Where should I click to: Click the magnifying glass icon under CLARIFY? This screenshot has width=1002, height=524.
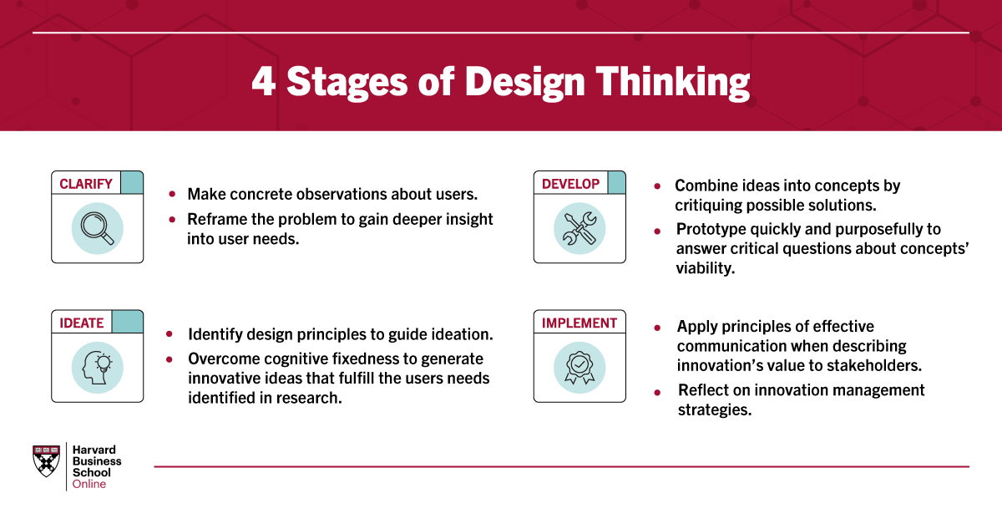[x=97, y=228]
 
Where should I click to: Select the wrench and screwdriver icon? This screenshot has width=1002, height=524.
[x=579, y=228]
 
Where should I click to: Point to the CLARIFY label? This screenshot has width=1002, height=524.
[x=86, y=184]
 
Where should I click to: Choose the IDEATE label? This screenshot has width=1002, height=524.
[x=82, y=323]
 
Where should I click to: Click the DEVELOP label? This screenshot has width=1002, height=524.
[x=570, y=184]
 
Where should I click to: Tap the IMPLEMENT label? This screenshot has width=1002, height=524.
[x=579, y=323]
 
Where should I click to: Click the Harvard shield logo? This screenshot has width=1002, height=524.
[x=46, y=460]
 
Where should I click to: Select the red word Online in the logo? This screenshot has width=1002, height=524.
[x=89, y=484]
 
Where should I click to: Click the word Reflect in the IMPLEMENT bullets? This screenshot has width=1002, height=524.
[x=701, y=390]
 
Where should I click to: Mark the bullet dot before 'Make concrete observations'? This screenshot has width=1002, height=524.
[x=172, y=194]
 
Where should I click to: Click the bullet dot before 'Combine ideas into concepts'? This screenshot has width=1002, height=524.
[x=658, y=186]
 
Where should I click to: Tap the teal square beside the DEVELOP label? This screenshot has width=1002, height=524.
[x=616, y=183]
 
